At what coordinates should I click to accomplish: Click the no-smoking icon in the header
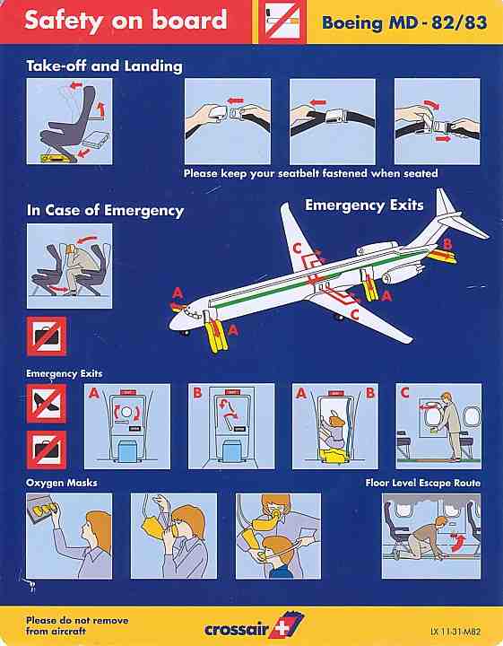277,22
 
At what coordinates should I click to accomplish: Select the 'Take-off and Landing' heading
105,65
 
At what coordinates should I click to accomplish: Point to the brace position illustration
70,266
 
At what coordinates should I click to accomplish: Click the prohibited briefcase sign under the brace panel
47,336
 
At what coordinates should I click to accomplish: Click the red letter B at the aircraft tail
449,243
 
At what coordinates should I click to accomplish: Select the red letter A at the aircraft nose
178,292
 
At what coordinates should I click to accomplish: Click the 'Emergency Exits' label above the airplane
364,205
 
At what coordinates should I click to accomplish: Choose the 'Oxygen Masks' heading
62,483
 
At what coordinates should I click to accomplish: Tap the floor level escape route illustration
431,536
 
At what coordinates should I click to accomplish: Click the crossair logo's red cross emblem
291,624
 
